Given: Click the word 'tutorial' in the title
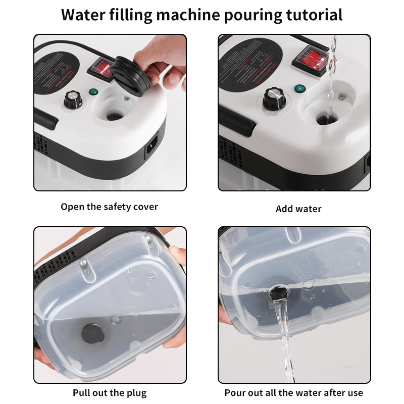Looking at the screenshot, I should click(312, 15).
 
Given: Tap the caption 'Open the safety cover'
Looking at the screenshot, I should click(110, 207).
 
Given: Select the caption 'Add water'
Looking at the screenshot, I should click(298, 209).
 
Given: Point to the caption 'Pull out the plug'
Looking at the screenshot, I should click(110, 392).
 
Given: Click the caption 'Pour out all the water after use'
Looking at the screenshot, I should click(294, 392).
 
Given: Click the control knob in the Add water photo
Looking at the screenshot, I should click(273, 97).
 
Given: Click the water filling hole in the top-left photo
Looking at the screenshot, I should click(113, 116).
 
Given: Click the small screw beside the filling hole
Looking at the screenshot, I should click(342, 96).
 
